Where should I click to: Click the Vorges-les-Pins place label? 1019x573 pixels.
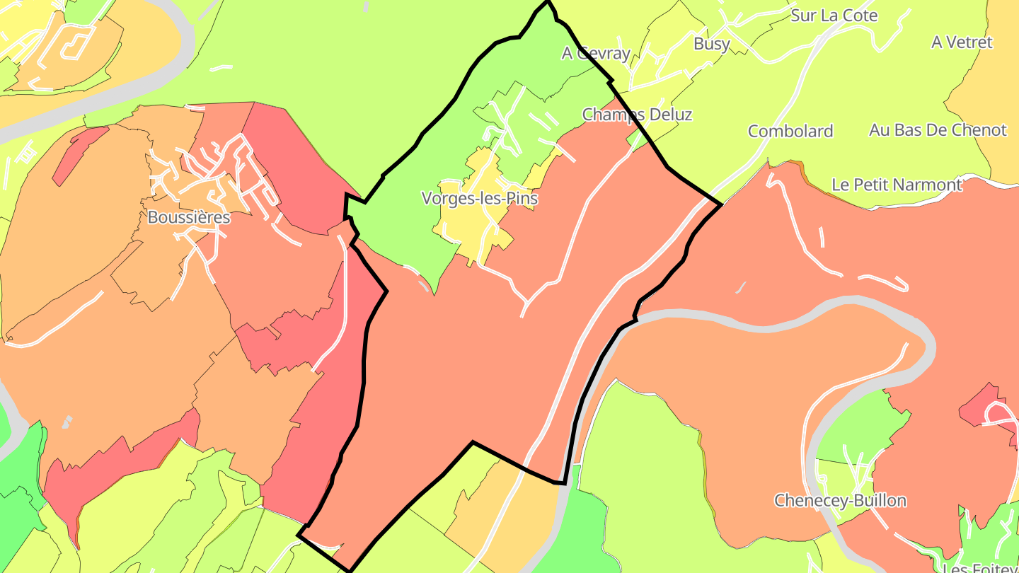[x=480, y=199]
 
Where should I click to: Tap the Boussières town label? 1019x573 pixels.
[x=189, y=217]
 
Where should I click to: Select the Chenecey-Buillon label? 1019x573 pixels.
[x=840, y=501]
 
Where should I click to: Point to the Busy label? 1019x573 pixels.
[x=711, y=44]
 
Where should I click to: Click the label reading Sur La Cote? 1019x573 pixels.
[x=834, y=16]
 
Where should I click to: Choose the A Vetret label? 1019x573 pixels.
[x=962, y=42]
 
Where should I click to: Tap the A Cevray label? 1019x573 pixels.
[x=596, y=53]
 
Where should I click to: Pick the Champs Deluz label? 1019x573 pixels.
[x=637, y=115]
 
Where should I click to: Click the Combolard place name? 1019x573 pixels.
[x=790, y=131]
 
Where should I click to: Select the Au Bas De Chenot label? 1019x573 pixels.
[x=938, y=130]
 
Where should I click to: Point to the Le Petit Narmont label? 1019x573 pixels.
[x=897, y=185]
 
